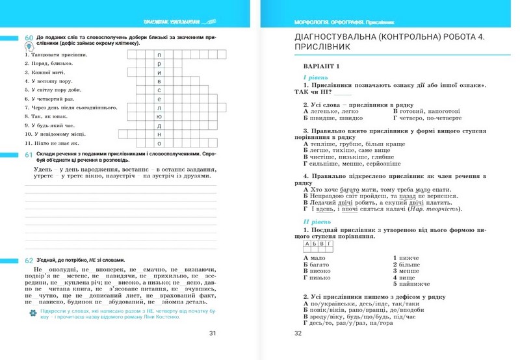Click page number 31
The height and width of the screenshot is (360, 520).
212,334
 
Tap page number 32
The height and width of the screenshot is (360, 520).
299,334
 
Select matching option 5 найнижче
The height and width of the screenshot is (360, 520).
411,284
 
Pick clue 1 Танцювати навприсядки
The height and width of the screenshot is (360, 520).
56,55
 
